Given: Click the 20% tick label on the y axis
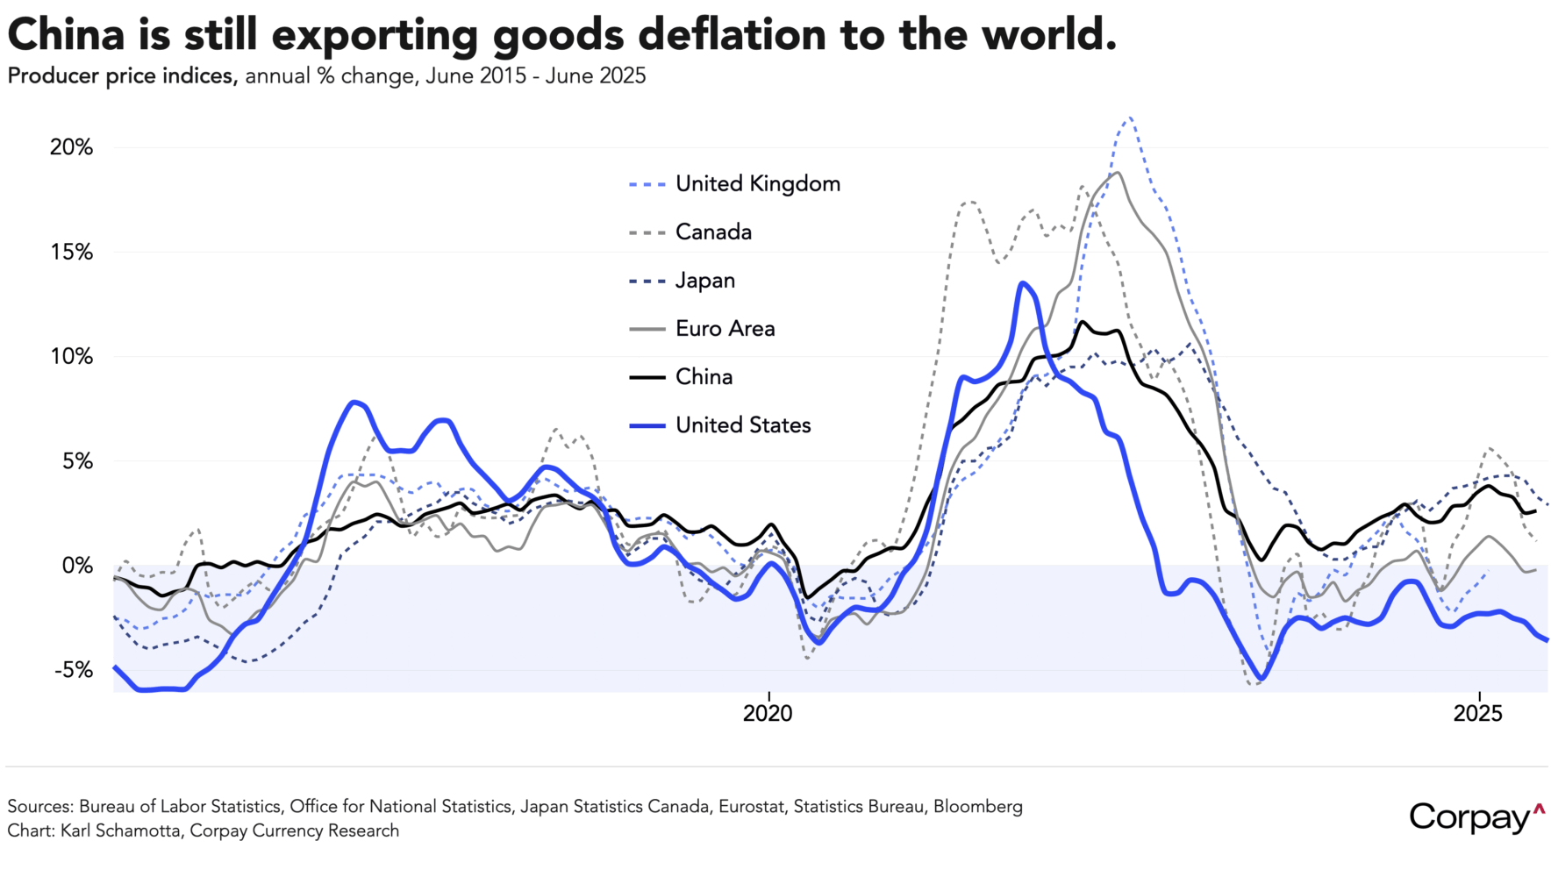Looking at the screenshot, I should tap(71, 147).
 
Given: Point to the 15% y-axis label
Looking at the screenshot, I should tap(71, 253).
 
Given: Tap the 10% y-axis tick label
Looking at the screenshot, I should tap(71, 357).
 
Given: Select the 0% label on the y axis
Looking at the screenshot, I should tap(77, 566).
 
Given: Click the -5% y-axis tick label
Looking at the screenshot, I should tap(74, 670).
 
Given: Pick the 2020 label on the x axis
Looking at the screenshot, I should tap(768, 713).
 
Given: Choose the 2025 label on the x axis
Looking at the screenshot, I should tap(1478, 713).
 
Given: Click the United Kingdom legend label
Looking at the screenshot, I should tap(758, 184).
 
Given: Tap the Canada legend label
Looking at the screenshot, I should tap(713, 232).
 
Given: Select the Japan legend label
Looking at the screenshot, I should tap(705, 281).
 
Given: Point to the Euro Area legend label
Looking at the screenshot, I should tap(725, 329).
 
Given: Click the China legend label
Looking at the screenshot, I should tap(704, 377).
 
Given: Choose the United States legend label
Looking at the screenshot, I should tap(743, 425).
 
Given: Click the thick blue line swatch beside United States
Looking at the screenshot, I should tap(647, 426).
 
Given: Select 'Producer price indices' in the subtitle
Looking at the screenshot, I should tap(121, 76).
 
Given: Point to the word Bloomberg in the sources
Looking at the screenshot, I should tap(977, 806).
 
